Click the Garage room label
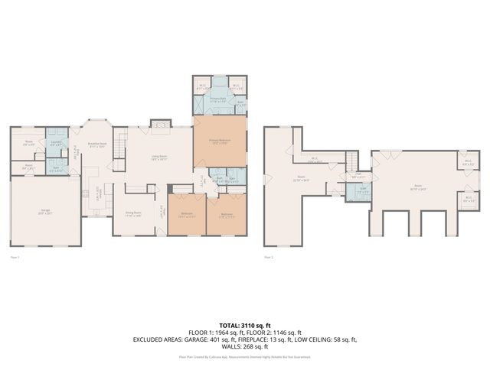[x=44, y=211]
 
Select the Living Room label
[x=159, y=159]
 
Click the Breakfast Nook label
[x=97, y=145]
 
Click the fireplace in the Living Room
[x=159, y=123]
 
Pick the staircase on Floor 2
[x=350, y=160]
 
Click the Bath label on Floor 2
[x=364, y=191]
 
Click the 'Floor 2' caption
[x=268, y=258]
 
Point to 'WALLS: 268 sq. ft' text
[x=245, y=346]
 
